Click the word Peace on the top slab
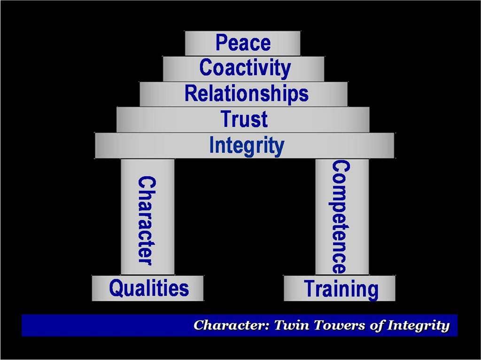pyautogui.click(x=243, y=43)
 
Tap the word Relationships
pyautogui.click(x=246, y=94)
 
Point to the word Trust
pyautogui.click(x=244, y=119)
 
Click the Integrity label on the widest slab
pyautogui.click(x=247, y=146)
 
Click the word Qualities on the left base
pyautogui.click(x=148, y=288)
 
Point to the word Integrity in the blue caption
pyautogui.click(x=419, y=326)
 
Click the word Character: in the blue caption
pyautogui.click(x=231, y=325)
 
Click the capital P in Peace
pyautogui.click(x=221, y=43)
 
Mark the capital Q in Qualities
pyautogui.click(x=116, y=287)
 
